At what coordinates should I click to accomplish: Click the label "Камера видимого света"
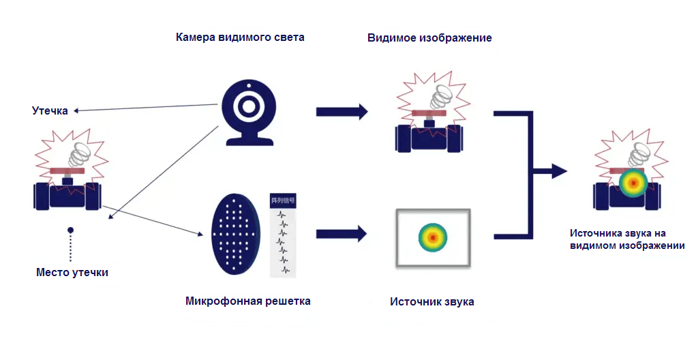pyautogui.click(x=241, y=37)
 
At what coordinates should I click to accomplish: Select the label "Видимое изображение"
pyautogui.click(x=429, y=38)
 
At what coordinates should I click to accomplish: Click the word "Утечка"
pyautogui.click(x=50, y=110)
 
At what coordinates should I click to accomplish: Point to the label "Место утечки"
pyautogui.click(x=72, y=273)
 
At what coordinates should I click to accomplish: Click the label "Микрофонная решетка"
pyautogui.click(x=247, y=301)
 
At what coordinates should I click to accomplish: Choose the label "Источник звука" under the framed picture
pyautogui.click(x=431, y=301)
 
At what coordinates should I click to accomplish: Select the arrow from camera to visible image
pyautogui.click(x=342, y=111)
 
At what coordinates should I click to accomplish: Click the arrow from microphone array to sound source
pyautogui.click(x=342, y=235)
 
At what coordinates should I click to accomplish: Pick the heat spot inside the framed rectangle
pyautogui.click(x=432, y=236)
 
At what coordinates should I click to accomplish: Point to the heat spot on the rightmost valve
pyautogui.click(x=633, y=183)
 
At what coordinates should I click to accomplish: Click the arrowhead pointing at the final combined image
pyautogui.click(x=559, y=171)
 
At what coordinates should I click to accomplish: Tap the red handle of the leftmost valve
pyautogui.click(x=67, y=170)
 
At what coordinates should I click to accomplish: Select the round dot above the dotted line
pyautogui.click(x=70, y=230)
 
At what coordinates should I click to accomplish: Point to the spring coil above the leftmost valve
pyautogui.click(x=80, y=155)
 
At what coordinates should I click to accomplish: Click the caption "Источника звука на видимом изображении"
pyautogui.click(x=627, y=239)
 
